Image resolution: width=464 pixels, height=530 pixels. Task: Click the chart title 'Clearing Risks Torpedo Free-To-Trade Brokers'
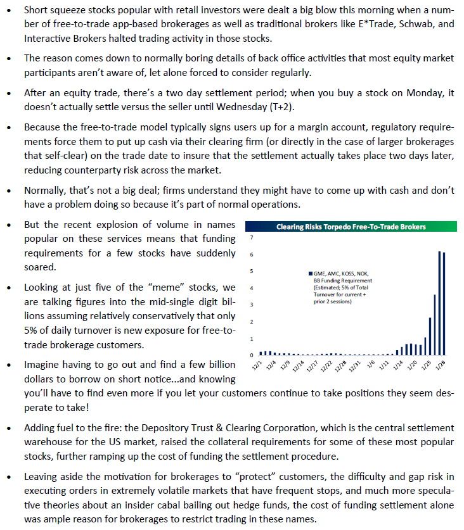pyautogui.click(x=350, y=227)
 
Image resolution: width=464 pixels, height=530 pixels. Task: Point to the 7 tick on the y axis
pyautogui.click(x=252, y=238)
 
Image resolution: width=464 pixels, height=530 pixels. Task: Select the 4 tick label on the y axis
pyautogui.click(x=252, y=288)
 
